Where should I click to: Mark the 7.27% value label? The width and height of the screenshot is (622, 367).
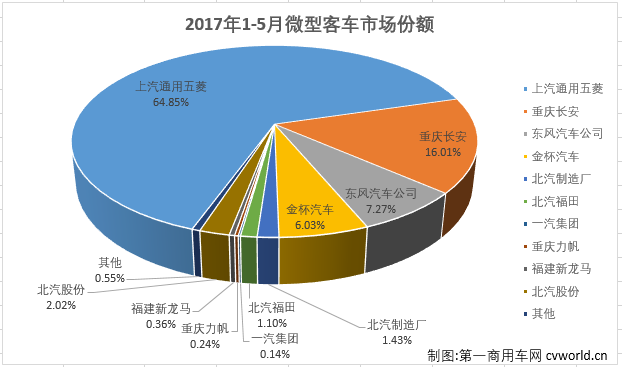(x=379, y=210)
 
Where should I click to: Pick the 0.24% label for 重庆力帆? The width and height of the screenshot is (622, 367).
(x=205, y=343)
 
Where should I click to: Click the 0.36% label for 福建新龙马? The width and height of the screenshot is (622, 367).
(x=160, y=324)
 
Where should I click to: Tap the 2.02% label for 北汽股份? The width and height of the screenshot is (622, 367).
(x=60, y=305)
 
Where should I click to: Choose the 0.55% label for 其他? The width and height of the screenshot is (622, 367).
(x=110, y=277)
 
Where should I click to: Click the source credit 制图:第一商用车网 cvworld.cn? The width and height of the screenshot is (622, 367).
(x=517, y=354)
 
